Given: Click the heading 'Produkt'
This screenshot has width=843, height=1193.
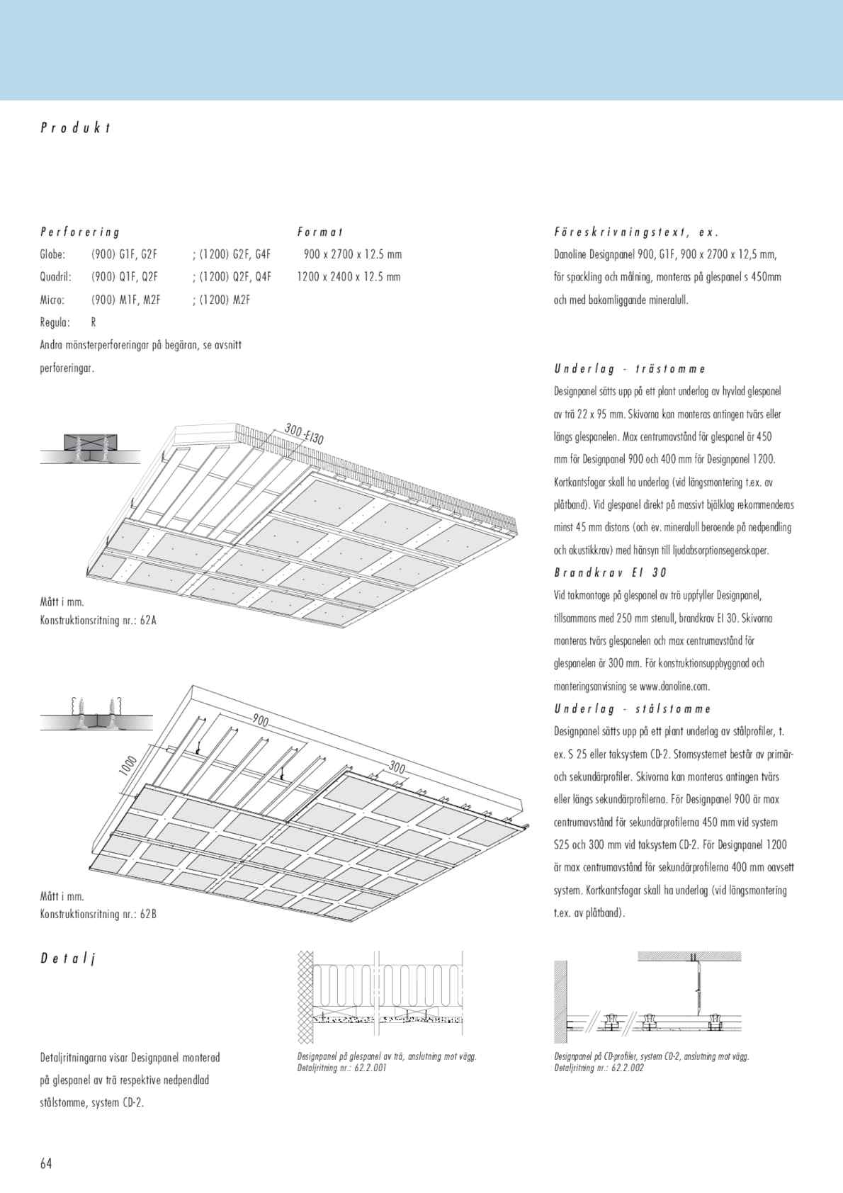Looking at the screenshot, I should click(x=76, y=128).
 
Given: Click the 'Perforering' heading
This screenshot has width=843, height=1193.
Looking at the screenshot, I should click(x=80, y=232).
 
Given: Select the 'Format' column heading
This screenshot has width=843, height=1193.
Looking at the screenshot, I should click(x=320, y=232).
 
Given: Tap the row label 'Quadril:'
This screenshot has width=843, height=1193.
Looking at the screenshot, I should click(x=56, y=277).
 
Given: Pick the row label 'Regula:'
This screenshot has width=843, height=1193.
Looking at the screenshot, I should click(x=55, y=322).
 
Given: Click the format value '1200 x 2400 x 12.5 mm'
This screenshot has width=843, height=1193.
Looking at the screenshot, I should click(x=349, y=277).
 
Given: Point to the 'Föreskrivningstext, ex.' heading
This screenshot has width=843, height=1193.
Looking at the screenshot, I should click(x=636, y=232).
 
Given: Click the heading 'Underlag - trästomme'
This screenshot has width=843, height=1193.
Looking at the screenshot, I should click(x=630, y=369).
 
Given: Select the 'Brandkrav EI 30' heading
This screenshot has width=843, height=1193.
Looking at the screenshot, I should click(x=611, y=572).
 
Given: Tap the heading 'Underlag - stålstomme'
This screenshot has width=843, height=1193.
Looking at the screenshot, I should click(x=633, y=709).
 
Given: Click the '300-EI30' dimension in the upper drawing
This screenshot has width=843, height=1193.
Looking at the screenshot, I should click(x=305, y=434).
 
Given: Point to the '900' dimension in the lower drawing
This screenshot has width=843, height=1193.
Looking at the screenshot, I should click(x=261, y=721).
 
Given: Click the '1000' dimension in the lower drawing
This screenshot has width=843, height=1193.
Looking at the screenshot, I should click(x=128, y=766).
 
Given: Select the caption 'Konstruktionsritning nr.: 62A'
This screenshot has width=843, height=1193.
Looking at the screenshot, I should click(x=98, y=621).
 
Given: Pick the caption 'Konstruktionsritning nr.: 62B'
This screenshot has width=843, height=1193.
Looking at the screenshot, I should click(x=98, y=914).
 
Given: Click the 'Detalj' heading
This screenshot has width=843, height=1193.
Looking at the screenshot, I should click(x=67, y=959).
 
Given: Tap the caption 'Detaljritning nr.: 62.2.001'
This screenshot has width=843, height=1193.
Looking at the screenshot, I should click(x=342, y=1068).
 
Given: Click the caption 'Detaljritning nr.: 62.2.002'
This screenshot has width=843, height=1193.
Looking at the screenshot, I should click(x=599, y=1068).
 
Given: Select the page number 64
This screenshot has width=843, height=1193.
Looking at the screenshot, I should click(x=46, y=1163).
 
